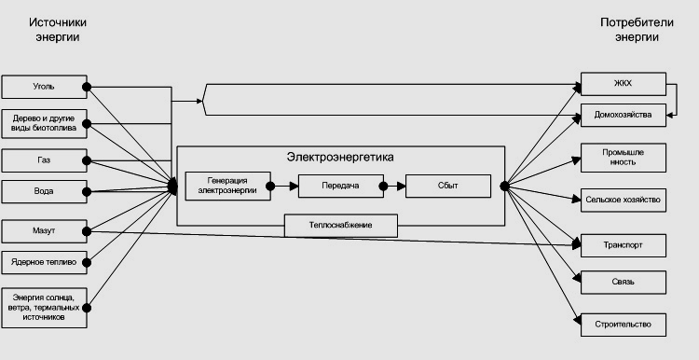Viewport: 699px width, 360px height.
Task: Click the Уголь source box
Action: point(44,87)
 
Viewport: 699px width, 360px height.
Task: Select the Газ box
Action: point(44,160)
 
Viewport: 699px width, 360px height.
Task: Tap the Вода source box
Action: point(44,191)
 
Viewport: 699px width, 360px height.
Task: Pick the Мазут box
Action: point(44,231)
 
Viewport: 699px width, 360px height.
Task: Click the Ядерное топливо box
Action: point(44,262)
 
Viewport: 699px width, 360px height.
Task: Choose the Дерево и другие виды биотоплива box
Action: point(44,123)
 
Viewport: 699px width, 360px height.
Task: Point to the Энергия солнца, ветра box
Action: point(44,308)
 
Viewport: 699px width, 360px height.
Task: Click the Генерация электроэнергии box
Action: point(227,186)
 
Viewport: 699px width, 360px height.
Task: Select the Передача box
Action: point(340,186)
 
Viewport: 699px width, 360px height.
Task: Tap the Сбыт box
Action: point(448,186)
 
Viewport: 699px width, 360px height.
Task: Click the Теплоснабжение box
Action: point(341,226)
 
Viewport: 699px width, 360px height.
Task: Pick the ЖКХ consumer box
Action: point(624,84)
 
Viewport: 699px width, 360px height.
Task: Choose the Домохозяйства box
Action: point(624,115)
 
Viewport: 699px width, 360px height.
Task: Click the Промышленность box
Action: point(624,158)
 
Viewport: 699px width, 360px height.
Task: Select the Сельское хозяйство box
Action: point(624,201)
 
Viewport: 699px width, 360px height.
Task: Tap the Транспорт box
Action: point(624,245)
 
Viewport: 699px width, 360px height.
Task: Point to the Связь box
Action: point(624,282)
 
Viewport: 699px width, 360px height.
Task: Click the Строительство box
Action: point(624,325)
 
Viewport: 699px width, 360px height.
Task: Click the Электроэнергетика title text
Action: point(340,158)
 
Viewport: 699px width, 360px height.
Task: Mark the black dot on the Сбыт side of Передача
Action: point(383,186)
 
